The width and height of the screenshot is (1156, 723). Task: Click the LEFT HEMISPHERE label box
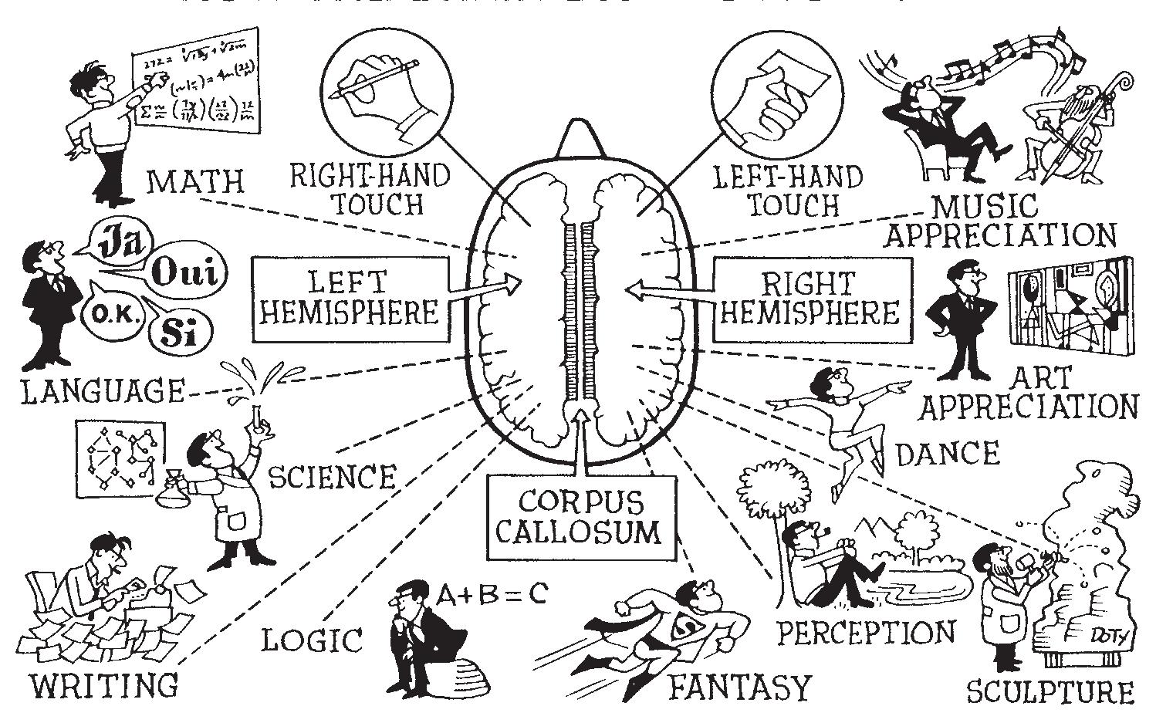pyautogui.click(x=350, y=299)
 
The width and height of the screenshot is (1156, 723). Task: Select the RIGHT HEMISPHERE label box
pyautogui.click(x=810, y=299)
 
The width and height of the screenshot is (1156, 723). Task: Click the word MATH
pyautogui.click(x=194, y=182)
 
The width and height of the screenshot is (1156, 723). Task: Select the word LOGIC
pyautogui.click(x=311, y=640)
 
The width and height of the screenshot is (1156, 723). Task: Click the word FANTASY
pyautogui.click(x=739, y=686)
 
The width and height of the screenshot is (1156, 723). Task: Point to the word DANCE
pyautogui.click(x=946, y=454)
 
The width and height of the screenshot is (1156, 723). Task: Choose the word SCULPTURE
pyautogui.click(x=1050, y=691)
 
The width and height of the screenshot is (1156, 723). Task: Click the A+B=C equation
pyautogui.click(x=492, y=593)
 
